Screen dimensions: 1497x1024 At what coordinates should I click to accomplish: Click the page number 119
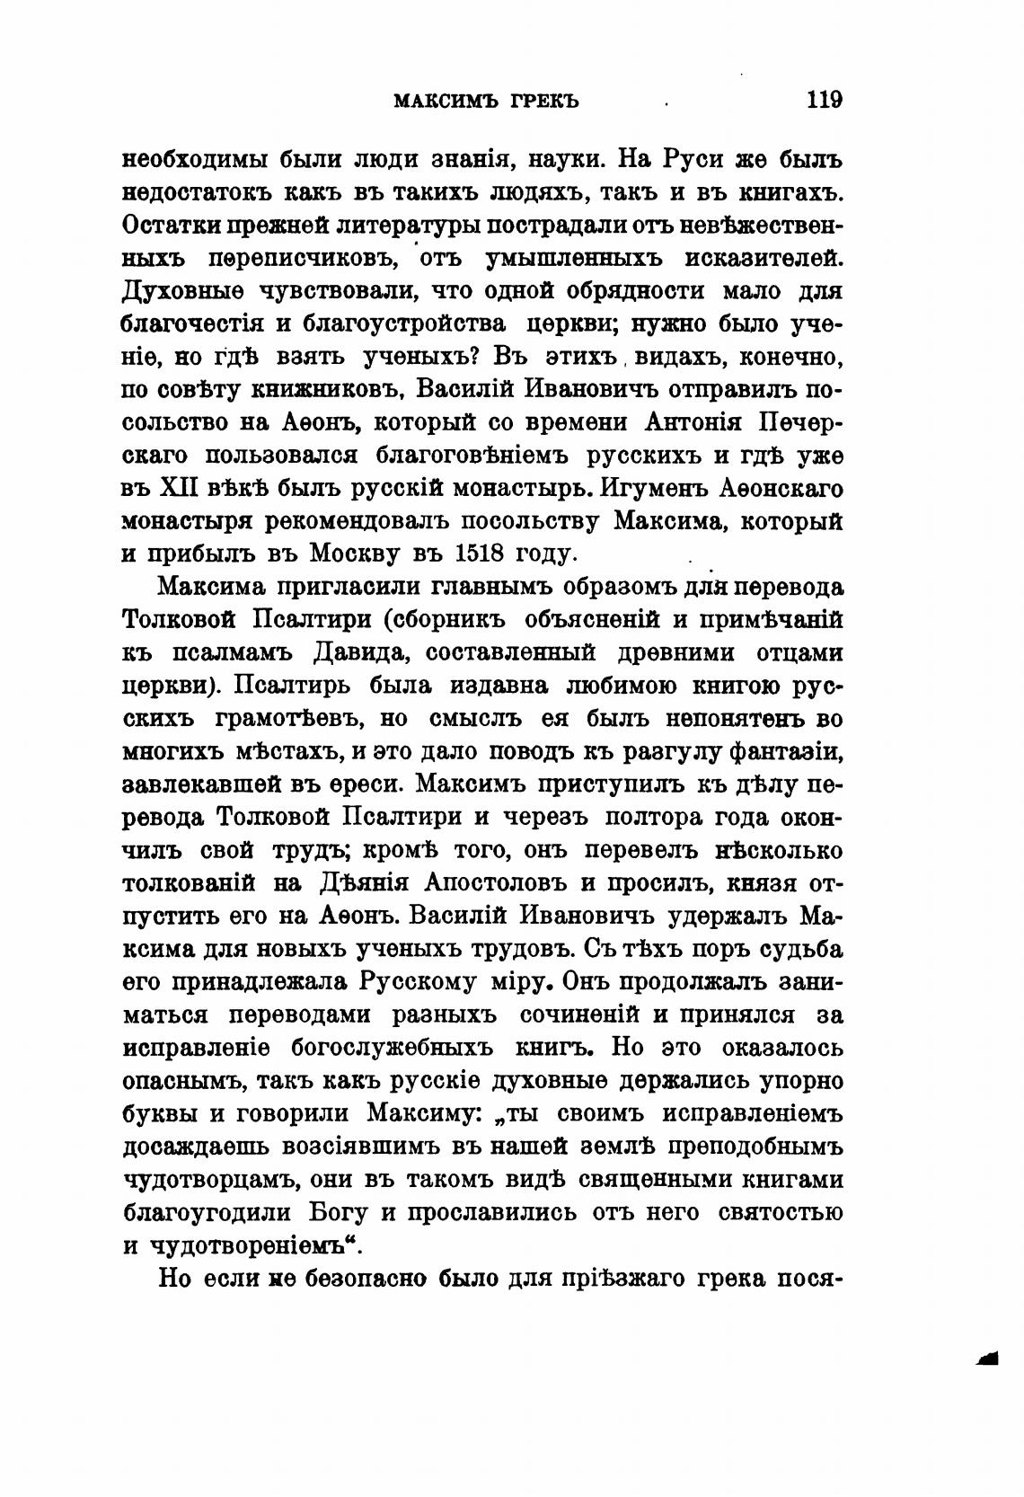coord(824,100)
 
